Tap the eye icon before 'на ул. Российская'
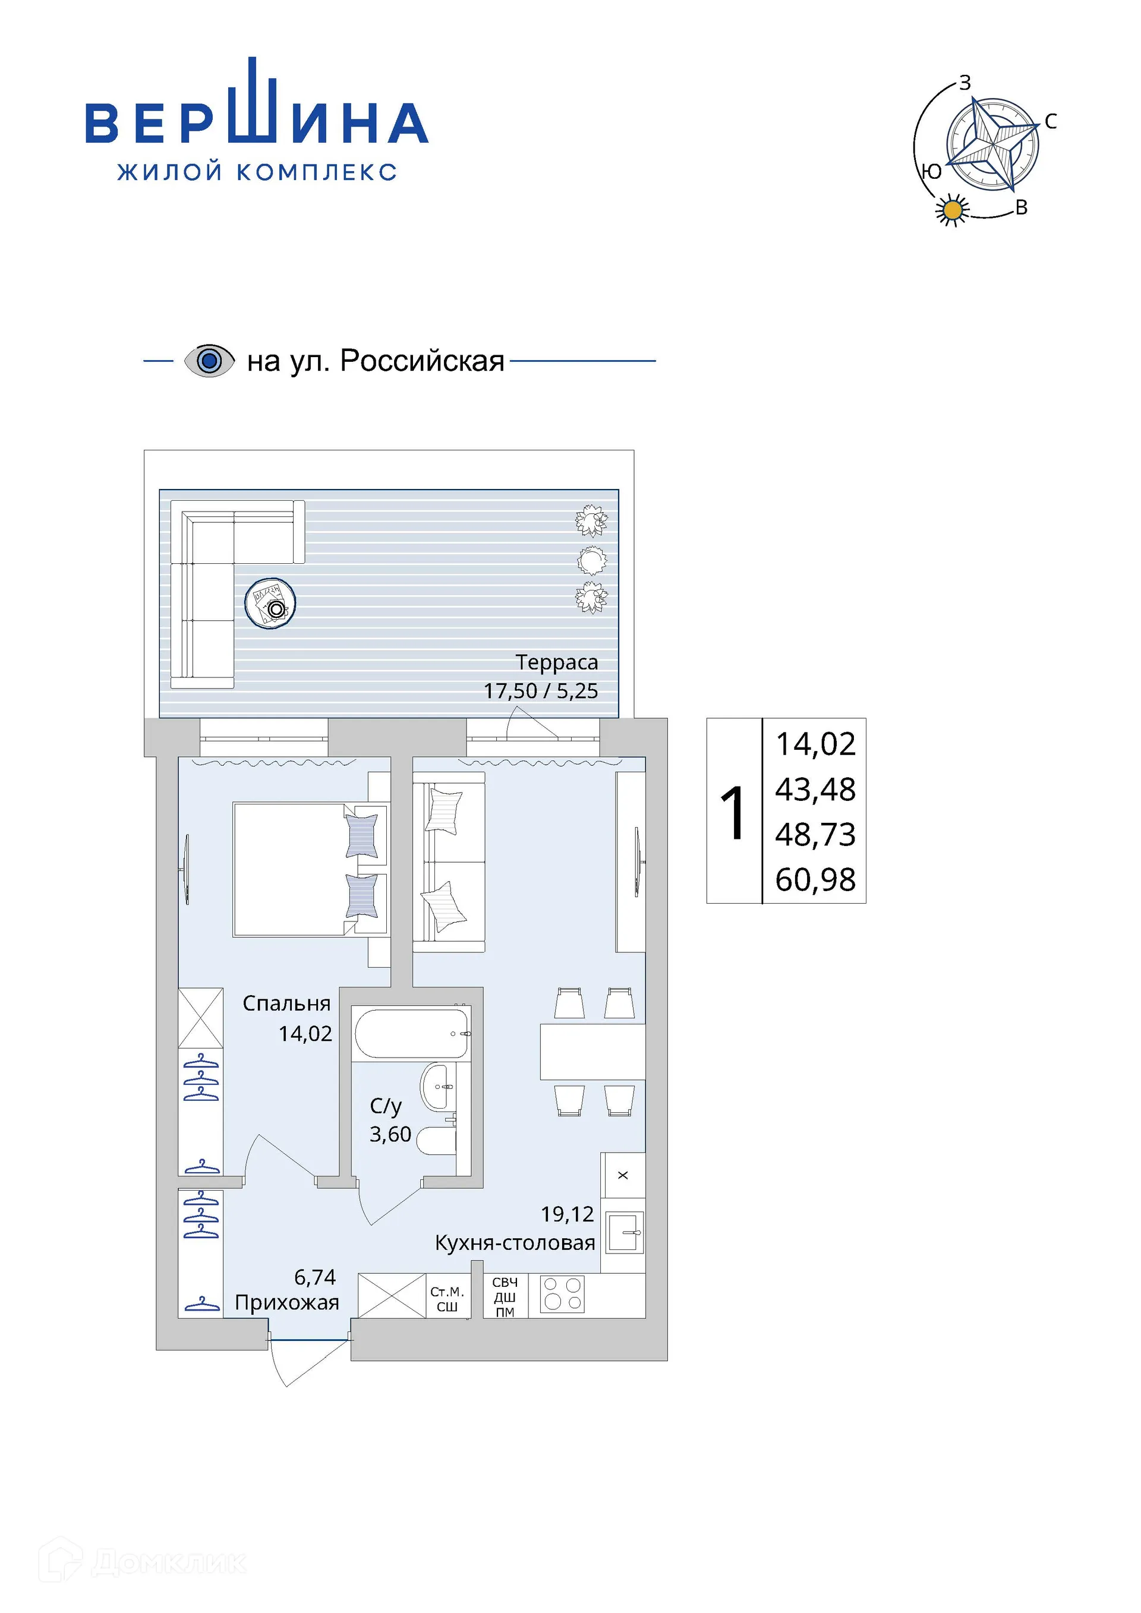[209, 361]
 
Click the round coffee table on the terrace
[270, 603]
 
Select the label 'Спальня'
[286, 1003]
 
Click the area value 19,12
[567, 1214]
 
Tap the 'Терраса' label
[556, 662]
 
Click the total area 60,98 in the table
[815, 879]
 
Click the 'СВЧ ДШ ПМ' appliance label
[505, 1297]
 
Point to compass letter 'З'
[965, 83]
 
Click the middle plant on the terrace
[591, 560]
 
